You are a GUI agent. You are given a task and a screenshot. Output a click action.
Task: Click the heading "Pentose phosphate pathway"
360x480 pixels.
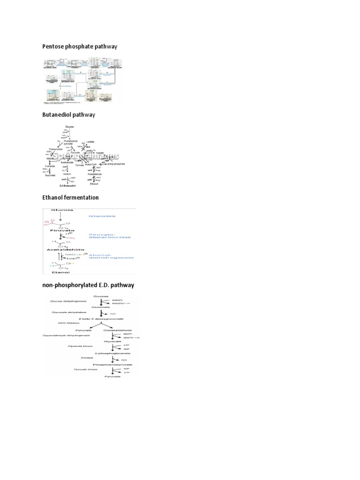[x=80, y=46]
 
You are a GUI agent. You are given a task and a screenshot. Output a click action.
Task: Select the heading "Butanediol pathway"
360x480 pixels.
[x=69, y=115]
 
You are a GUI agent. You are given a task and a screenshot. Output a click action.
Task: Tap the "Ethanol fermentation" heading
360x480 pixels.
[x=71, y=197]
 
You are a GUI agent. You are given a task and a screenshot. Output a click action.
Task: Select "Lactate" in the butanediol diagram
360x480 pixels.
[x=90, y=141]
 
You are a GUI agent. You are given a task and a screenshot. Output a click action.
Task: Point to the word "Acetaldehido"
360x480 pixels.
[x=63, y=250]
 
